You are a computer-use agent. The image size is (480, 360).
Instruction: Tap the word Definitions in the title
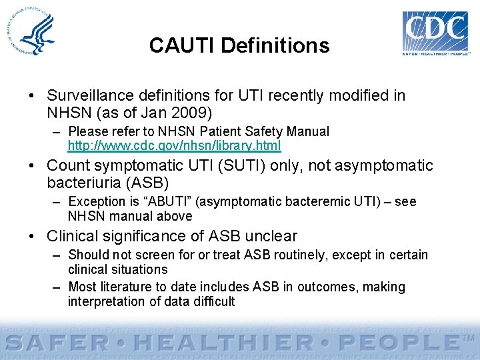click(x=274, y=45)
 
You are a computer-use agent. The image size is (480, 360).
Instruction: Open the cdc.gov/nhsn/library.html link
click(x=174, y=145)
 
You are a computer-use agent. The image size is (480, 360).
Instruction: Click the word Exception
click(x=94, y=201)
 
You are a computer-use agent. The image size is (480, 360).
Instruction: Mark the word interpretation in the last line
click(x=106, y=301)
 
